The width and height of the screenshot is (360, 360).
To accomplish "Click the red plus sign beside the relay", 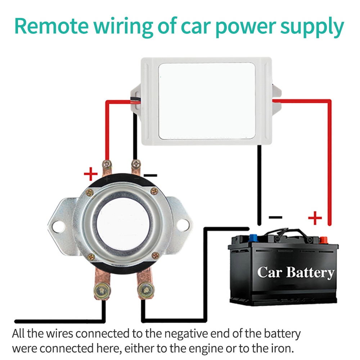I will click(x=91, y=175).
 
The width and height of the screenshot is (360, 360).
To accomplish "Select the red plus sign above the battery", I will click(x=315, y=218).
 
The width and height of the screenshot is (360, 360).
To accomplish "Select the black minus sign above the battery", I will click(x=275, y=217).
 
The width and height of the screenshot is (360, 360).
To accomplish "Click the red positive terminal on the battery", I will click(x=323, y=239).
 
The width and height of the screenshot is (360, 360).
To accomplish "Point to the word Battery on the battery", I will click(x=310, y=273).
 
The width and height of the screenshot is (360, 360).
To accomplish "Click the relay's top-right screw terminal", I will click(x=135, y=165).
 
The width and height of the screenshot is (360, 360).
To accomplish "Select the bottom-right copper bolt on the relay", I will click(x=145, y=288).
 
